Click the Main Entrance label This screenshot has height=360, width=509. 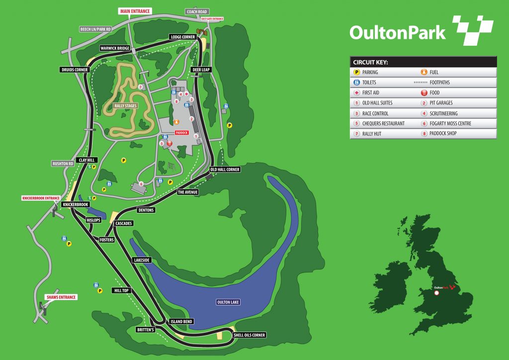coord(134,10)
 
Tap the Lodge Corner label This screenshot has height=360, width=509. coord(182,37)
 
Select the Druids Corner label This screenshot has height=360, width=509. coord(75,70)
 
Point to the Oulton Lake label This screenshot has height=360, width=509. coord(228,302)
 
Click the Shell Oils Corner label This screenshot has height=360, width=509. coord(250,335)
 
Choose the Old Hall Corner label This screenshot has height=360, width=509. coord(225,170)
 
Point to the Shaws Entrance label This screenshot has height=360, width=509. coord(61,297)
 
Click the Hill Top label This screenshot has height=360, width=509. coord(121,290)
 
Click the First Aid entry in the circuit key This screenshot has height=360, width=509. coord(373,92)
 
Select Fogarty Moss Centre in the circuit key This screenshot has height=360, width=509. coord(451,123)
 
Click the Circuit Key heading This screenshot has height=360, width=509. coord(370,62)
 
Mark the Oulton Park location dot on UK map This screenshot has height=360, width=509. coord(436,293)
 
